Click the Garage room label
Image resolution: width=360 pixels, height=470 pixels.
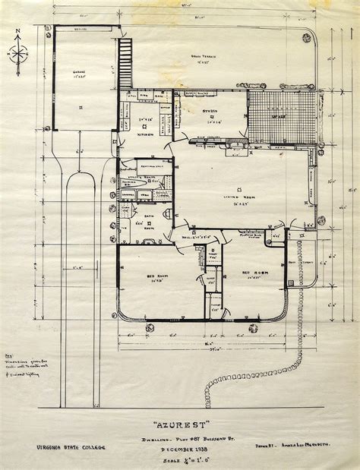(x=78, y=74)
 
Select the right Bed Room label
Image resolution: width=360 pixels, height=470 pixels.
(x=252, y=272)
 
